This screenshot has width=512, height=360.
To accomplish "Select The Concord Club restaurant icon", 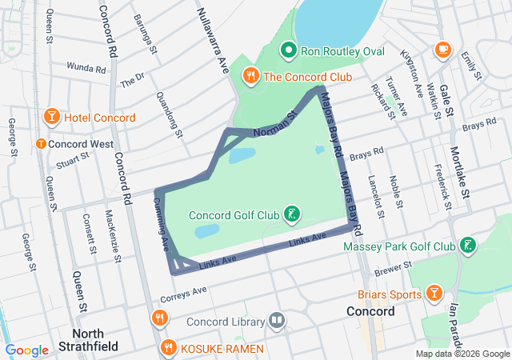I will coord(250,77).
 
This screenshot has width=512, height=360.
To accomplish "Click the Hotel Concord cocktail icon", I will coord(52,118).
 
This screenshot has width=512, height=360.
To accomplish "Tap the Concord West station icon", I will coord(40,144).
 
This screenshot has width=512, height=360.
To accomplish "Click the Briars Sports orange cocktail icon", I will coord(434,293).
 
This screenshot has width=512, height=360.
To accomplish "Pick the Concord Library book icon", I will coord(277,322).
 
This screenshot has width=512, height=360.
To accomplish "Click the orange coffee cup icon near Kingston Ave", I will coord(442,50).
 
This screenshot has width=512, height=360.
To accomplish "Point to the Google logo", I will coord(27,350).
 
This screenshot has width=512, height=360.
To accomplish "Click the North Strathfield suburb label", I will coord(95,341).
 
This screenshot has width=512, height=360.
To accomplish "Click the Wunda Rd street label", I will coord(86,69).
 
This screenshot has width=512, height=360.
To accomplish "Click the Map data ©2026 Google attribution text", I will coord(462,354).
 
